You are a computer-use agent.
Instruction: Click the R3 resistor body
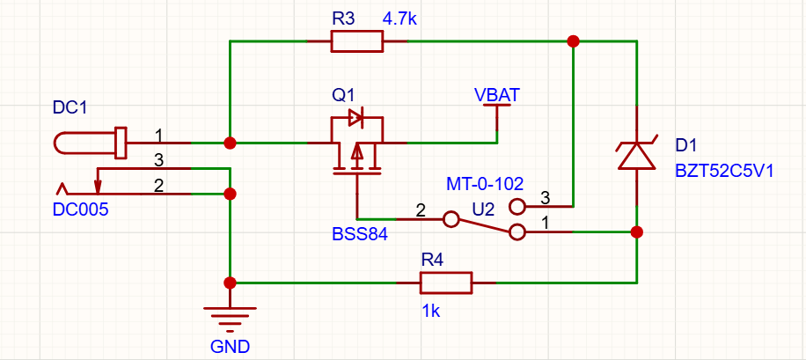pos(356,41)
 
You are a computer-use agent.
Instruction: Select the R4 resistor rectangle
pos(445,283)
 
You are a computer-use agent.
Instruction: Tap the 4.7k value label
pos(399,20)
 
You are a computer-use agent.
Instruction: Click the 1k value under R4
pos(431,312)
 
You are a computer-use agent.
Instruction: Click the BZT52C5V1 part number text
pos(723,170)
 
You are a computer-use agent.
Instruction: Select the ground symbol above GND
pos(230,320)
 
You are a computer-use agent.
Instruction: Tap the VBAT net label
pos(497,95)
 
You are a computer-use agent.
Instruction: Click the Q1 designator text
pos(342,95)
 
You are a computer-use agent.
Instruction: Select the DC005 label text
pos(81,209)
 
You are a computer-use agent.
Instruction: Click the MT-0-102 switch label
pos(485,184)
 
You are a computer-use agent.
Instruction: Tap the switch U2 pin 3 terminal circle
pos(517,207)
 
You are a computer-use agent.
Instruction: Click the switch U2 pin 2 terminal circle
pos(451,219)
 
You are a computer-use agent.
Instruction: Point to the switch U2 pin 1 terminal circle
pos(517,232)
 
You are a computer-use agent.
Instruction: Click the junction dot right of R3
pos(573,41)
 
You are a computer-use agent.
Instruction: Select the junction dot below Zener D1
pos(637,232)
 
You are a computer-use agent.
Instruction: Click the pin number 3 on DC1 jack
pos(159,161)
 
